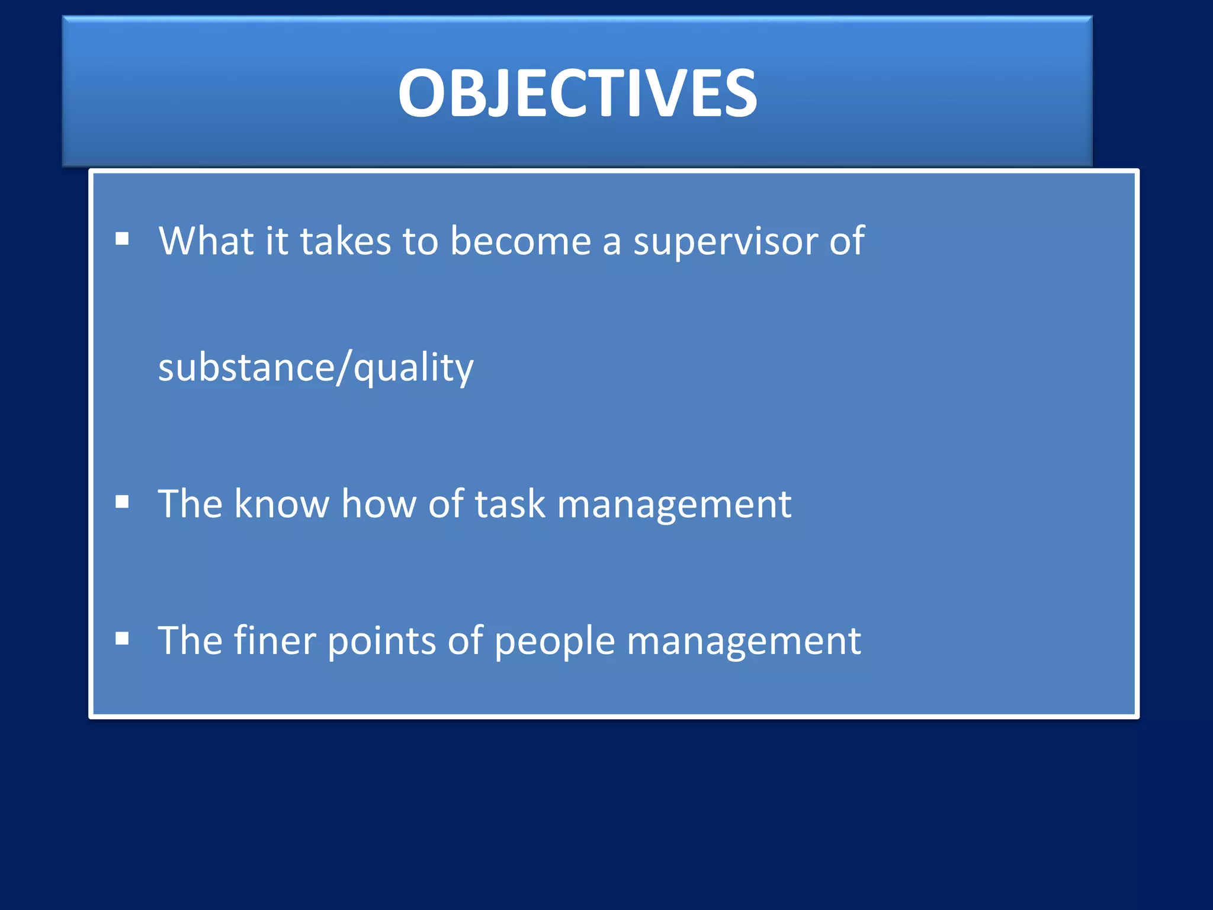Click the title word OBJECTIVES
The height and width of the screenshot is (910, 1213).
click(577, 93)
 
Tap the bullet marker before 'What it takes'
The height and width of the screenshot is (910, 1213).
click(123, 239)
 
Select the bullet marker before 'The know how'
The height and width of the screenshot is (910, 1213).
click(123, 502)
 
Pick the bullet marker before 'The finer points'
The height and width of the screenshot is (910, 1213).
click(123, 638)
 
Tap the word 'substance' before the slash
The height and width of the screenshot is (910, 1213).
click(246, 367)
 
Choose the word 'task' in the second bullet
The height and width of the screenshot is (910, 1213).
click(509, 504)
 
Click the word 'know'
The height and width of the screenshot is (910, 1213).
click(281, 504)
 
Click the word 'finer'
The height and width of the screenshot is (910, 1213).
click(274, 640)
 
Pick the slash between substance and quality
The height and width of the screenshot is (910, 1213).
click(344, 367)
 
